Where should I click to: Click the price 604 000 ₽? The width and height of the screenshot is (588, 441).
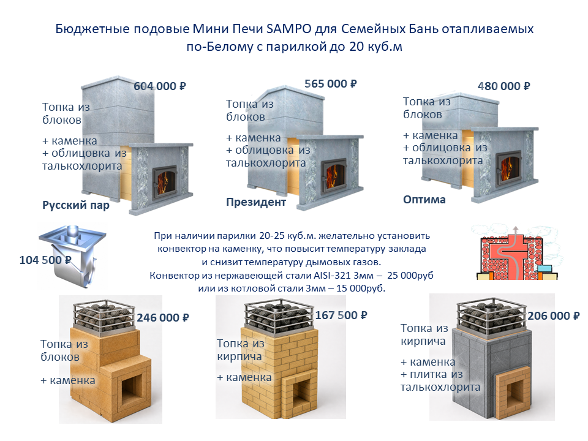(160, 86)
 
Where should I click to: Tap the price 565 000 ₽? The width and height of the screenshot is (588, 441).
(330, 84)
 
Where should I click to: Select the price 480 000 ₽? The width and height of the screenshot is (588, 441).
(503, 86)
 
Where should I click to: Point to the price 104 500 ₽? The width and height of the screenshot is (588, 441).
(45, 260)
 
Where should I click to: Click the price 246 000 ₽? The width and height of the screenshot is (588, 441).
(163, 318)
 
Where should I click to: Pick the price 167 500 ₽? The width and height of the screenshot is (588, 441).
(341, 315)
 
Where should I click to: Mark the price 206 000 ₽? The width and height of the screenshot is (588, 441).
(554, 316)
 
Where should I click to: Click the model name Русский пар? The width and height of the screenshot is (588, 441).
(76, 206)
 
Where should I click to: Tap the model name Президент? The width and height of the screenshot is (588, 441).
(256, 202)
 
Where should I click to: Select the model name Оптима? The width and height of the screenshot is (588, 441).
(424, 200)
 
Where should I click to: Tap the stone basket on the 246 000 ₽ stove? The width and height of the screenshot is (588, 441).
(104, 315)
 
